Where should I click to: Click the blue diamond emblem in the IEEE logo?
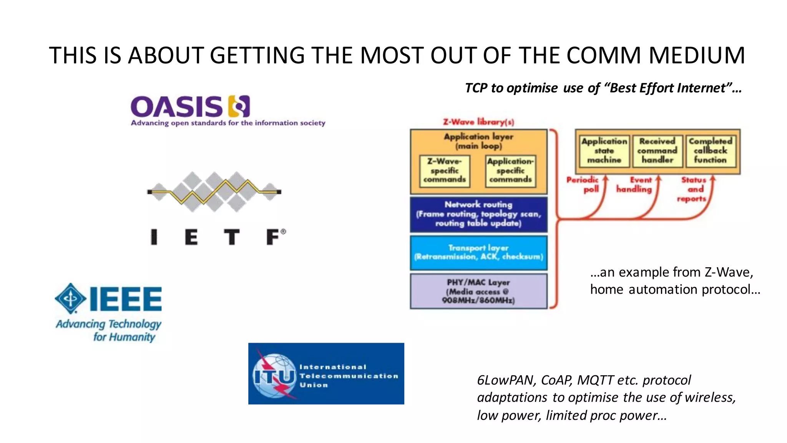70,298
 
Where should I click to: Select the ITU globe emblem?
274,375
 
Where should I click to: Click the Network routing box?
478,214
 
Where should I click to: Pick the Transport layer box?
478,252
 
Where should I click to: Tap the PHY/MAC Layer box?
478,291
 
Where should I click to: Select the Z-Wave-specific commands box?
445,171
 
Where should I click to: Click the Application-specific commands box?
510,171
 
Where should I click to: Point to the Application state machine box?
604,151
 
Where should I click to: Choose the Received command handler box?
657,151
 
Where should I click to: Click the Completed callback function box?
710,151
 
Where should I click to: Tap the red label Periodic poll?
583,185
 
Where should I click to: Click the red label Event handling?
635,185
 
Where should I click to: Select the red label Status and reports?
693,189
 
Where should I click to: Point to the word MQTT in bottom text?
595,380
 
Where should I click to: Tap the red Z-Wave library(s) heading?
478,122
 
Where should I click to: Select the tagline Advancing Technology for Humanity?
109,330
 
